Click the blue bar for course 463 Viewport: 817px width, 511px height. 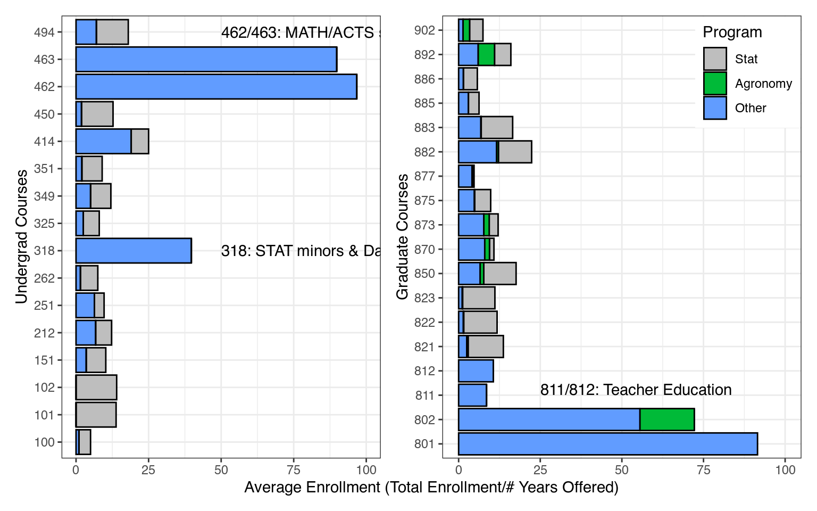click(206, 59)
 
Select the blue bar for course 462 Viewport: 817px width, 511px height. click(216, 87)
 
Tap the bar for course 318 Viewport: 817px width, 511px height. click(134, 251)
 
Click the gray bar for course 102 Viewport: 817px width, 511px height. click(96, 388)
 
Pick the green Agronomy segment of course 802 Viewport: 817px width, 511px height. click(667, 419)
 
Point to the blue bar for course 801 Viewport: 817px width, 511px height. click(607, 444)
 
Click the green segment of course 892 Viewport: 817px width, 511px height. click(486, 54)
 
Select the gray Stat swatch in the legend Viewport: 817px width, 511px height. click(715, 59)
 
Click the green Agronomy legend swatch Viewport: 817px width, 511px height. click(715, 84)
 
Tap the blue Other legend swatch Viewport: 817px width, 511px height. click(715, 108)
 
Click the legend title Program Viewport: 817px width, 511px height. click(732, 32)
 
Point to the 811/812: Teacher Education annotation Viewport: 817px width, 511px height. click(636, 390)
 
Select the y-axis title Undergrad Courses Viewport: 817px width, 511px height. click(21, 237)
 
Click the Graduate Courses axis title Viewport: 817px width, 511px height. click(403, 237)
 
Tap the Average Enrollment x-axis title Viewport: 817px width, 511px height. click(431, 488)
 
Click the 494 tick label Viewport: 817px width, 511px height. click(44, 32)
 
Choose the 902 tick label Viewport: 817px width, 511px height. click(424, 30)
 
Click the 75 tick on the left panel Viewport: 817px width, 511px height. click(294, 470)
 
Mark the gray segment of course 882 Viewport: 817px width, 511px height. click(514, 152)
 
